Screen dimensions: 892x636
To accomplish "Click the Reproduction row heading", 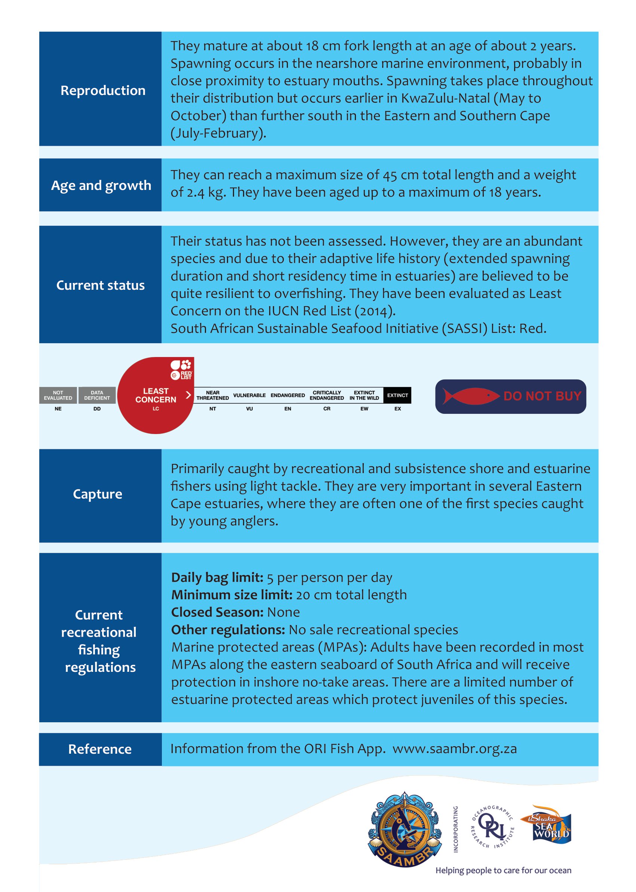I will point(102,90).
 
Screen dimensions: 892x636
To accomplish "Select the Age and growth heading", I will point(101,185).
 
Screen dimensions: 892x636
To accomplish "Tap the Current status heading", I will point(100,285).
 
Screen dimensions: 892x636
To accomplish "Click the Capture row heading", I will point(98,494).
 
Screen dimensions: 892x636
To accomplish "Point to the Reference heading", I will point(100,749).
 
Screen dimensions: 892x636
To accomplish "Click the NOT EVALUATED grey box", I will point(58,395).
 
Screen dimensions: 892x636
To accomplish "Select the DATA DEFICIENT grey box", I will point(97,395).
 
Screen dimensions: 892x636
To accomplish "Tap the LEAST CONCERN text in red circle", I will point(156,395).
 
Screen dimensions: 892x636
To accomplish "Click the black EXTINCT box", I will point(397,395).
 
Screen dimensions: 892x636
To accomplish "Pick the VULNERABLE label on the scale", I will point(249,395).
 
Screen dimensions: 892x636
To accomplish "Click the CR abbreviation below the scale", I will point(327,409).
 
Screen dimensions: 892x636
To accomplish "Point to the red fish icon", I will point(470,396).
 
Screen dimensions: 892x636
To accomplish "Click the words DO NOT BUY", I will point(542,396).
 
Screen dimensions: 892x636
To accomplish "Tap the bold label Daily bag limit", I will point(217,577).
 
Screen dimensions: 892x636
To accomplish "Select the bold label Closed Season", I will point(217,612).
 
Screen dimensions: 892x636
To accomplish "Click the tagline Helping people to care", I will point(503,870).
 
